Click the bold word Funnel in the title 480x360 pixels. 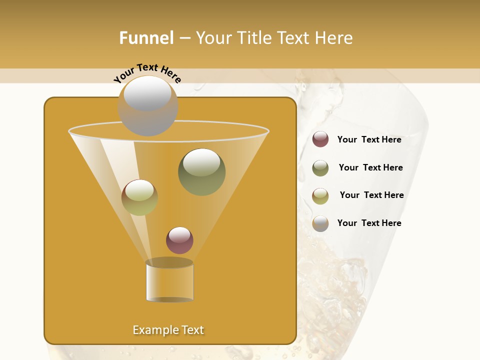[146, 38]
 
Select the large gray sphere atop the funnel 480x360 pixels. [147, 105]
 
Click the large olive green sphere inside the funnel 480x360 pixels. [201, 172]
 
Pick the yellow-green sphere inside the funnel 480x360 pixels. [139, 197]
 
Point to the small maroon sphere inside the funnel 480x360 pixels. [179, 240]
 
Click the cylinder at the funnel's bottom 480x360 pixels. [169, 281]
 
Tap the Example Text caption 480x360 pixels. [168, 330]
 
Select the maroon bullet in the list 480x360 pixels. [320, 139]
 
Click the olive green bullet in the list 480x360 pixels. [320, 168]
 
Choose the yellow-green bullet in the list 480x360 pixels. [320, 196]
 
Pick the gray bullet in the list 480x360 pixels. [320, 223]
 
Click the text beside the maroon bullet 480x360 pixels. [369, 140]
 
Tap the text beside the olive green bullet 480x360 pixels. [370, 168]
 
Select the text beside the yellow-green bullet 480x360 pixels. [371, 195]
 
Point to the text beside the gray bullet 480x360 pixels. [369, 223]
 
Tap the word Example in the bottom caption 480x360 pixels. [154, 330]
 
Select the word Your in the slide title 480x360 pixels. [212, 38]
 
